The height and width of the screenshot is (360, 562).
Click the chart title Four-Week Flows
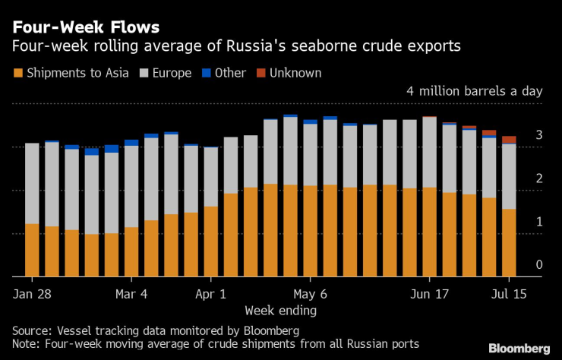(85, 27)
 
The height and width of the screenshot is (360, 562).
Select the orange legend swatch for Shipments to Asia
(17, 73)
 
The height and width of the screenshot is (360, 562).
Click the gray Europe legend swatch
(144, 73)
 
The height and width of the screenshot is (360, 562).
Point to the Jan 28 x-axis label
(33, 293)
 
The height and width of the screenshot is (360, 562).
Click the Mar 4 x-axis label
(131, 293)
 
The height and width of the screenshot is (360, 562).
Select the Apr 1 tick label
(210, 293)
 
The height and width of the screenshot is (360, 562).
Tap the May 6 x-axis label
(310, 293)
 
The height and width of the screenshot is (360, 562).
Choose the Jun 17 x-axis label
(429, 293)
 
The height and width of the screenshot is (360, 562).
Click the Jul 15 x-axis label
(508, 293)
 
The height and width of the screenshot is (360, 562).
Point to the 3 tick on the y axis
(538, 135)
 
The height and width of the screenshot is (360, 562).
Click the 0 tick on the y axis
(538, 265)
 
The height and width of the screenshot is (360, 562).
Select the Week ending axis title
(281, 310)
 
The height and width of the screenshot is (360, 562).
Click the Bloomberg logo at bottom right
(519, 348)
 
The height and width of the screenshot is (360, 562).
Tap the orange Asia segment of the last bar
(509, 242)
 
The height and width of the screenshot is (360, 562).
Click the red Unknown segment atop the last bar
(509, 140)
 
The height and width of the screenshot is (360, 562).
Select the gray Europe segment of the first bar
(32, 183)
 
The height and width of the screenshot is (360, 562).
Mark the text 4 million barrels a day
(475, 91)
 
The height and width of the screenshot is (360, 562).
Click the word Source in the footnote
(30, 331)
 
